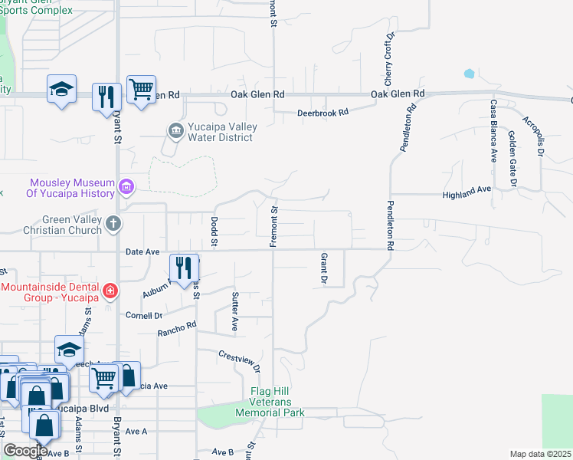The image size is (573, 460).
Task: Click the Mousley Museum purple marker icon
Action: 126,186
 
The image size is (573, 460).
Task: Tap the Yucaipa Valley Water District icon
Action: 175,130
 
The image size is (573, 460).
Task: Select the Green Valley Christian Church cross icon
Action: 113,225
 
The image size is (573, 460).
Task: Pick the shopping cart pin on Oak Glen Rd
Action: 141,90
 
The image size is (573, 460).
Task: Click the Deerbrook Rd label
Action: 323,112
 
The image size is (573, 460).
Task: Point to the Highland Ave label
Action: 466,195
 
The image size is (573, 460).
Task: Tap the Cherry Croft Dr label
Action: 388,59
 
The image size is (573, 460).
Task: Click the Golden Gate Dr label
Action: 512,157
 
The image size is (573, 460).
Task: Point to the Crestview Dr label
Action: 239,360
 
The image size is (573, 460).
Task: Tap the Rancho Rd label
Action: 177,329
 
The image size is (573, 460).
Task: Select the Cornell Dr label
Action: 144,315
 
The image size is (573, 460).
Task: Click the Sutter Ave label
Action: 235,310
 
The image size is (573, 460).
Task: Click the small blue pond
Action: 468,74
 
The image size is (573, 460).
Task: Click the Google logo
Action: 25,451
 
